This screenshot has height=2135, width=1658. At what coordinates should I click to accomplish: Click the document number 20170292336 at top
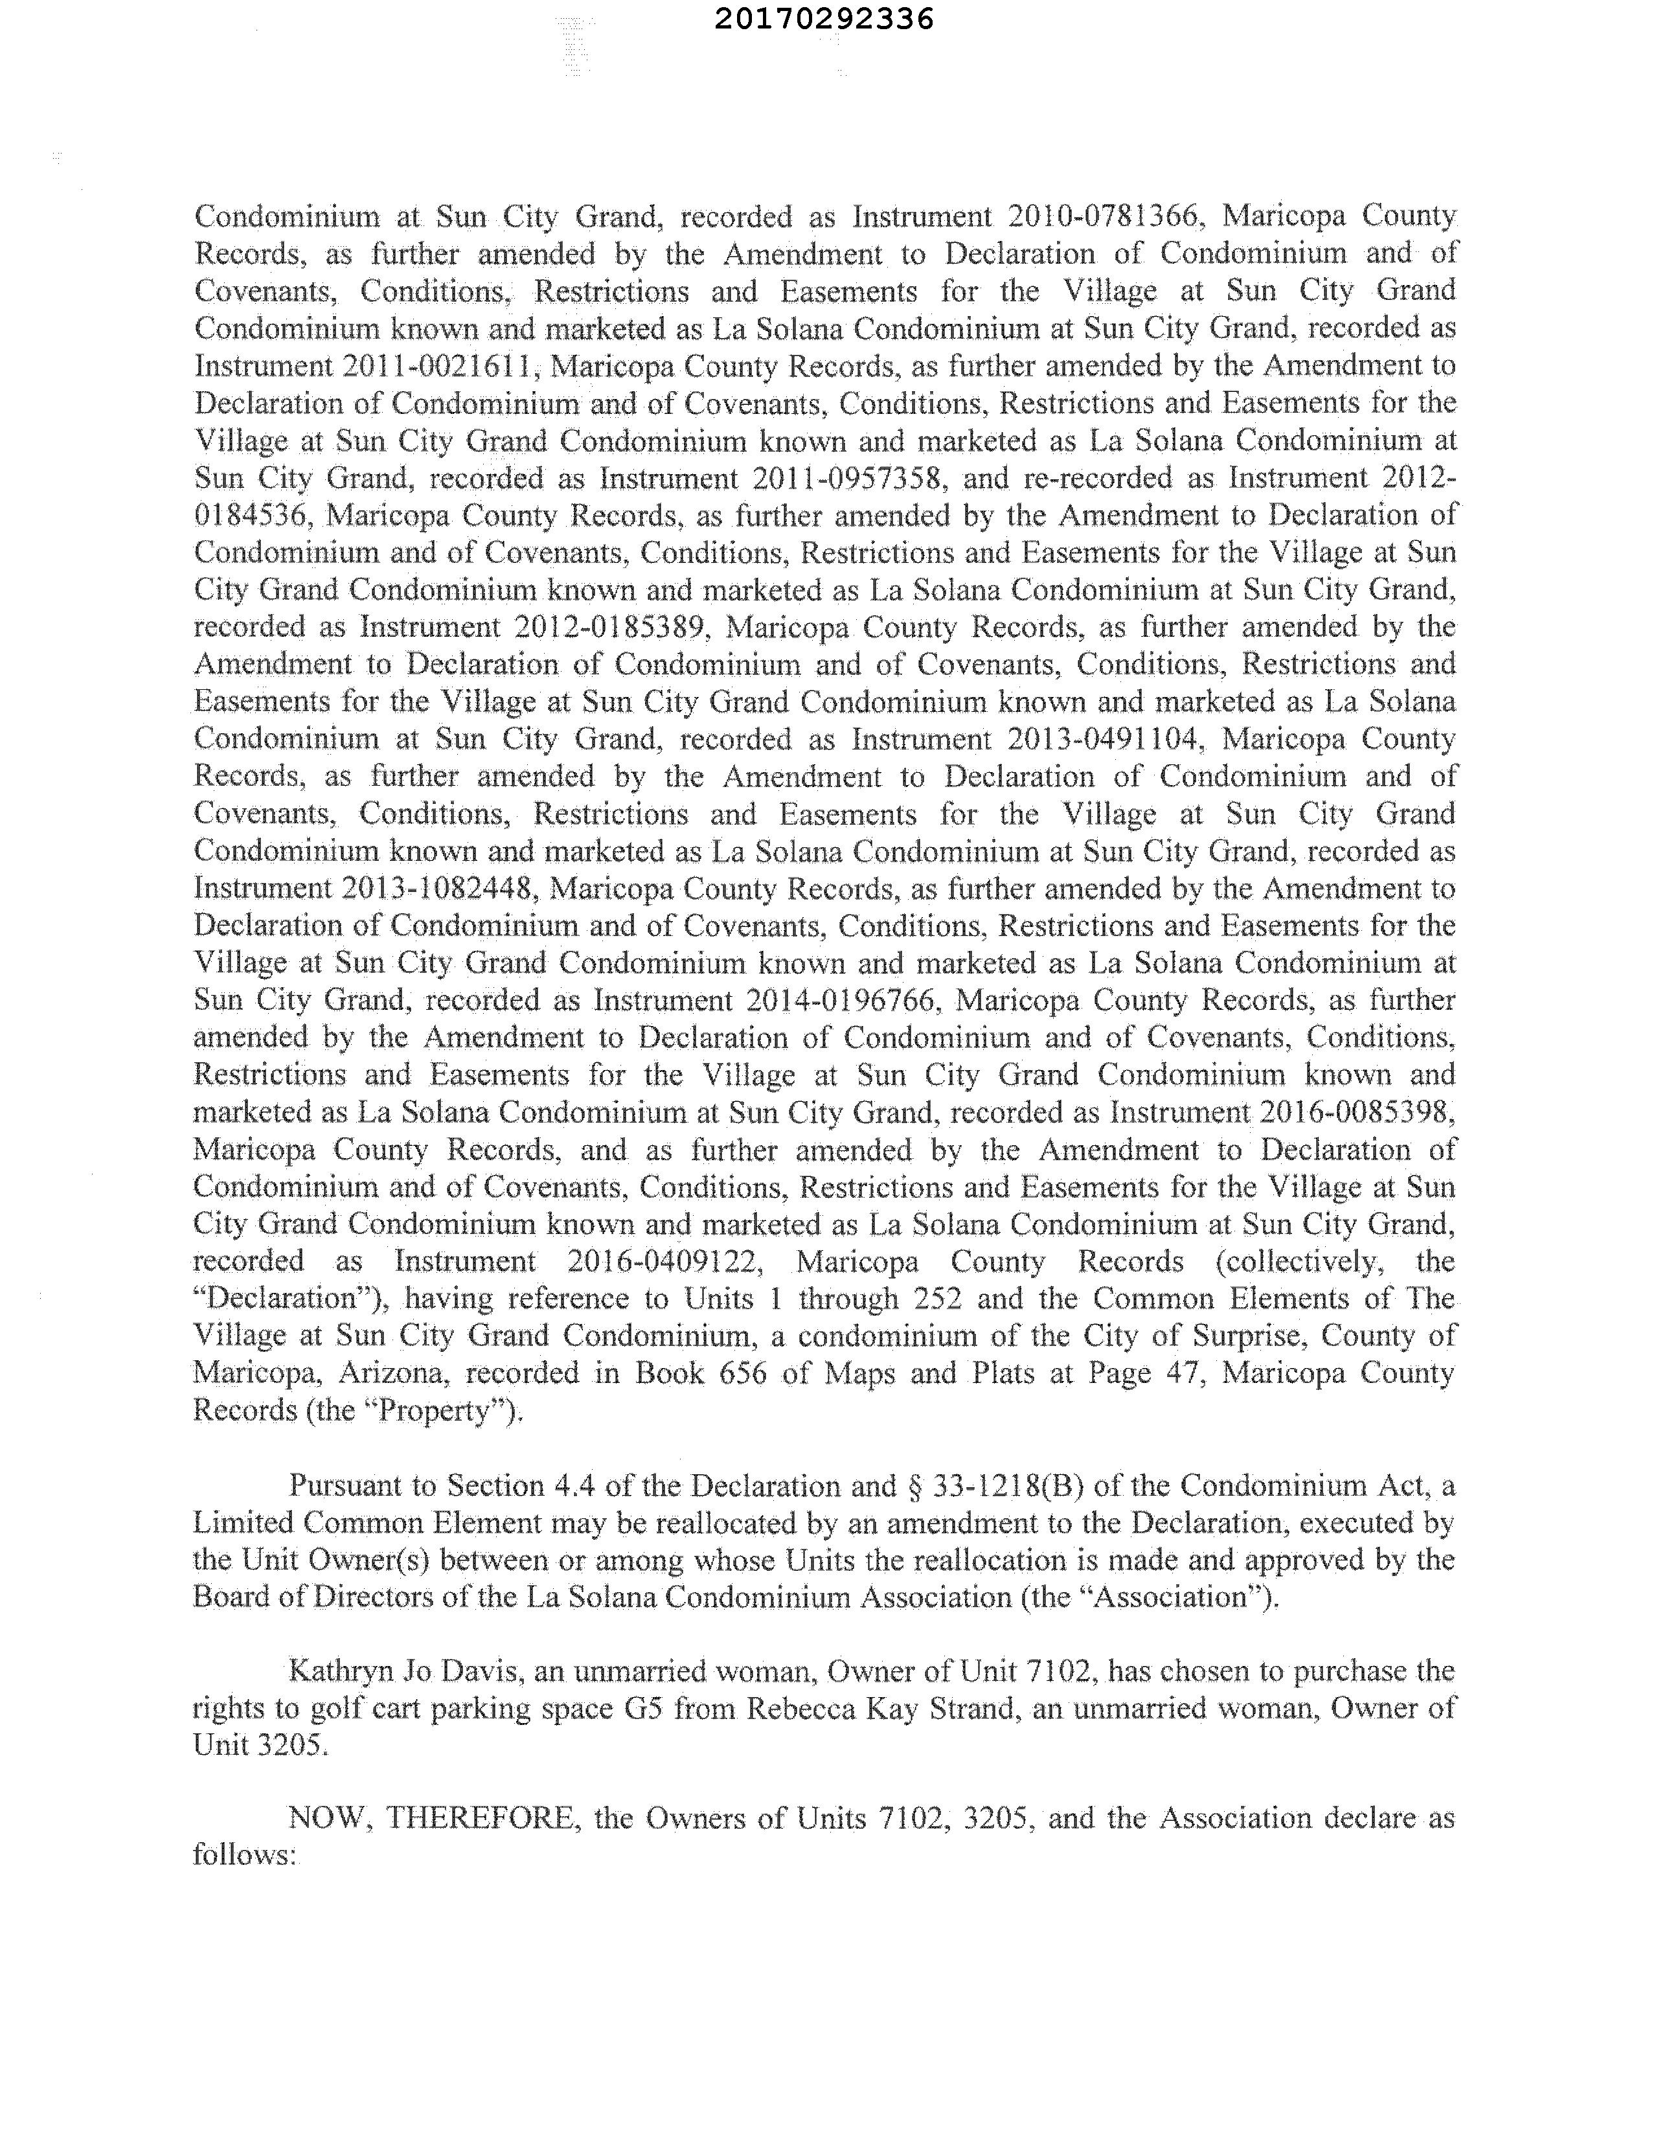(x=823, y=19)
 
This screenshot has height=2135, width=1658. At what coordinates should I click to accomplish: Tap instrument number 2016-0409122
(x=664, y=1261)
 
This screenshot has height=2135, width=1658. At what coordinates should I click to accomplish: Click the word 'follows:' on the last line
(x=244, y=1855)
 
